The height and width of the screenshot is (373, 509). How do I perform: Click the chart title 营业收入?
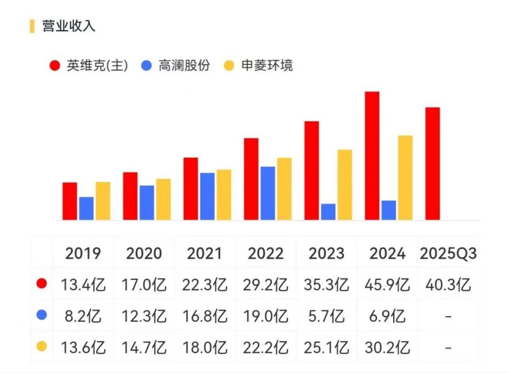click(68, 26)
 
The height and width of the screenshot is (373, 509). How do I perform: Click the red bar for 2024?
click(372, 156)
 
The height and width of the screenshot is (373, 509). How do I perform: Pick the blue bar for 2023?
click(328, 212)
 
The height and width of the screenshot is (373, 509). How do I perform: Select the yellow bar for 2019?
click(102, 201)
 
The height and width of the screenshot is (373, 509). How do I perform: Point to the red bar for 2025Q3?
click(433, 163)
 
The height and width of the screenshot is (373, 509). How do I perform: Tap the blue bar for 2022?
click(268, 193)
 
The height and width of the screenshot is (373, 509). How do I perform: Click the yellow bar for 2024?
click(405, 178)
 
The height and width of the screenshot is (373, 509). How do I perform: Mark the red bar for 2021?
click(191, 188)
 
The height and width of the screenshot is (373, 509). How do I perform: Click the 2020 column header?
click(144, 253)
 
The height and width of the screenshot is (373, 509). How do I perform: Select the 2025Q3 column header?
click(448, 253)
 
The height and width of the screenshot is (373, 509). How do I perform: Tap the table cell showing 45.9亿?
click(387, 285)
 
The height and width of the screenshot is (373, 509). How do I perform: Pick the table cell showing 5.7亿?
click(327, 316)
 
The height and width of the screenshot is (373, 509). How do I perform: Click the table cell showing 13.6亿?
click(83, 347)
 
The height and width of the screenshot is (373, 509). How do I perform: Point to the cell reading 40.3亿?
click(448, 285)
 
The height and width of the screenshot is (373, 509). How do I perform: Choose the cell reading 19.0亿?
click(266, 316)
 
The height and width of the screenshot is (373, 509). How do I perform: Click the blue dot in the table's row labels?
click(42, 315)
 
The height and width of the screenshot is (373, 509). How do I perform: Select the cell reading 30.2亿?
click(387, 347)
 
